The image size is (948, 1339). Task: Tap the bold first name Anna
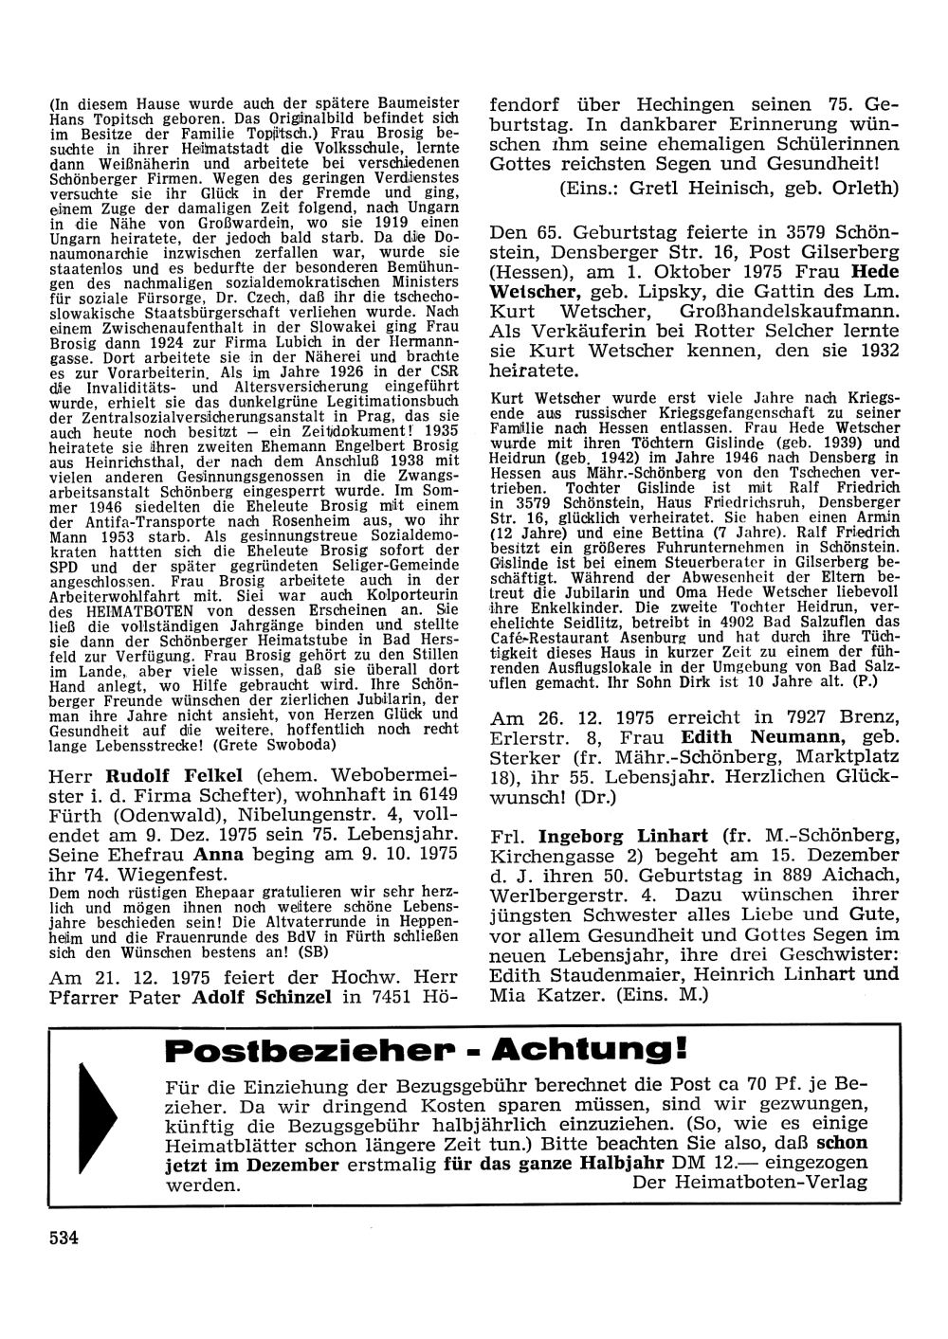221,853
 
